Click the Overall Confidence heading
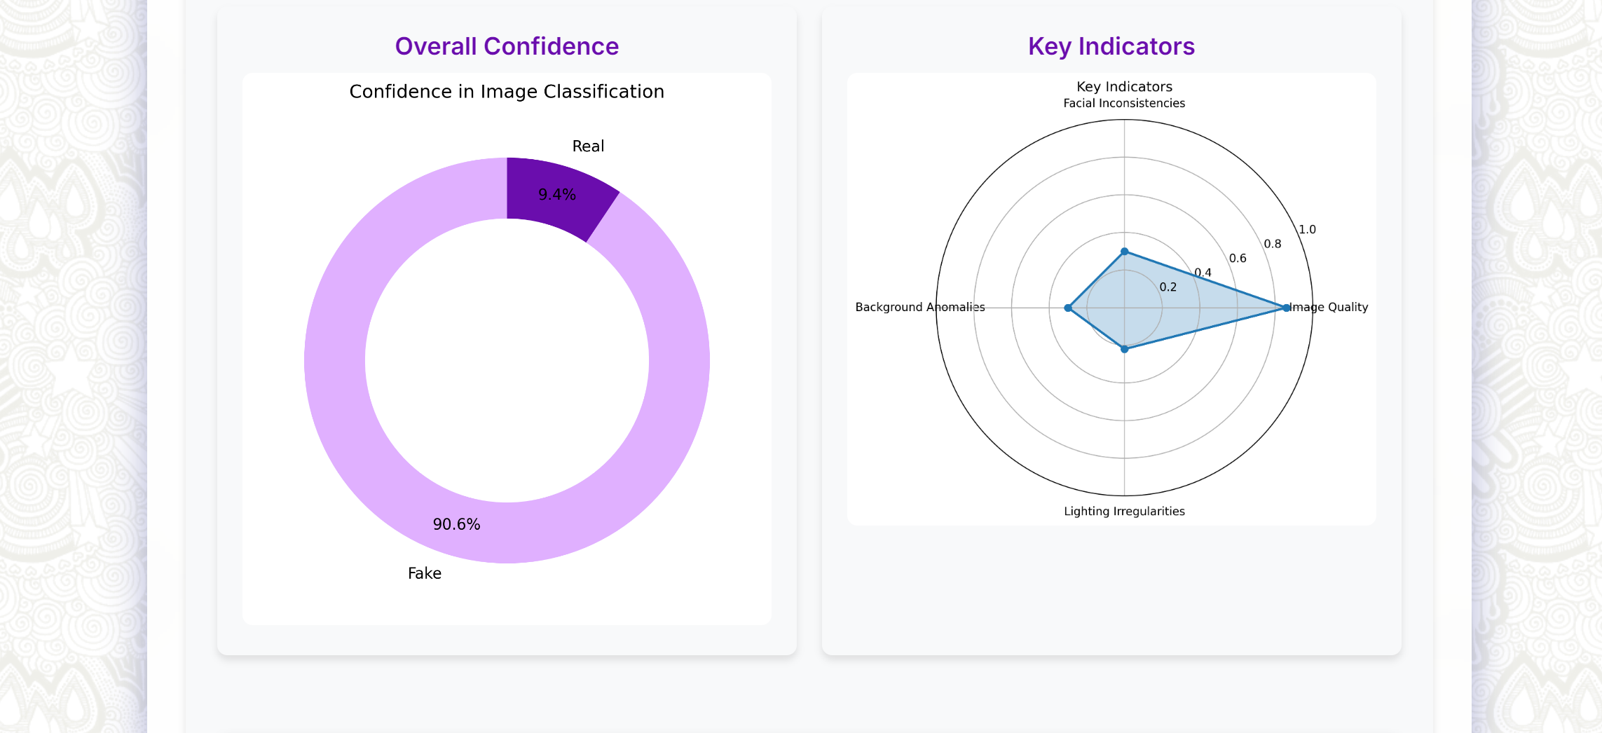[507, 46]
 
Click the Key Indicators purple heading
[1111, 46]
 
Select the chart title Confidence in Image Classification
[507, 92]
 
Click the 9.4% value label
[557, 195]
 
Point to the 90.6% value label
[456, 524]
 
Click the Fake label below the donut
[425, 573]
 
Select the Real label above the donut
[588, 146]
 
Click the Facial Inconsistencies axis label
[1124, 103]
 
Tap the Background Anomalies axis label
[919, 307]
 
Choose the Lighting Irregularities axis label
[1124, 512]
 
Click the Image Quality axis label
[1329, 307]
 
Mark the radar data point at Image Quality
[1286, 308]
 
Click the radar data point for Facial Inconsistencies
[1125, 252]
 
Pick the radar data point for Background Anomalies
[1068, 308]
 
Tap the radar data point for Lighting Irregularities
[1125, 349]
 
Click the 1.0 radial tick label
[1307, 229]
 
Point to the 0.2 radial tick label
[1168, 287]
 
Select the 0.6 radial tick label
[1238, 259]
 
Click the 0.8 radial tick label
[1273, 244]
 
